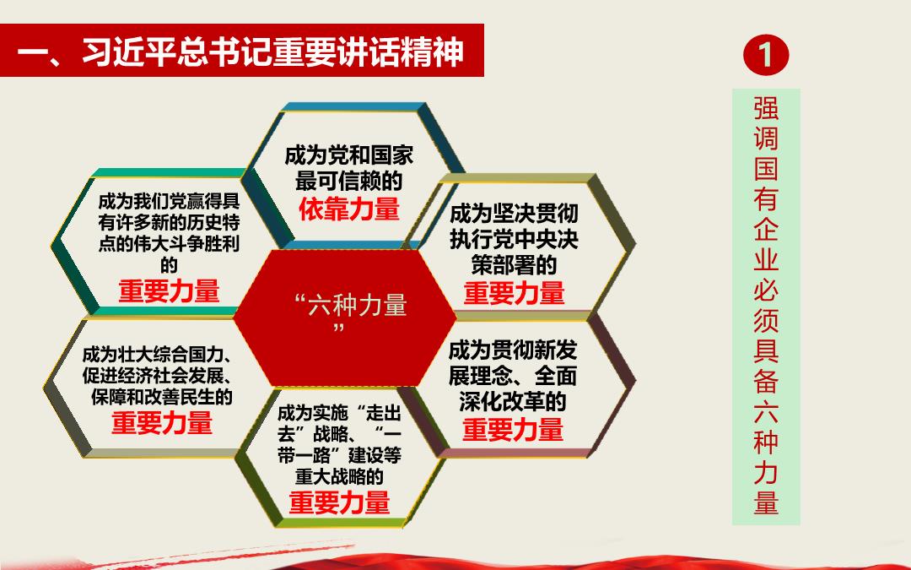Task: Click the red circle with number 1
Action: tap(766, 55)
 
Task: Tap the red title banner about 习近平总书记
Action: tap(242, 51)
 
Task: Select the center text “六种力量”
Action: tap(350, 314)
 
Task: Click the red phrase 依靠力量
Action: tap(349, 209)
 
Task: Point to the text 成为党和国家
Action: tap(348, 155)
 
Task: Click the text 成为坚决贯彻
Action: tap(514, 214)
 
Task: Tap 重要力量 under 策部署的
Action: tap(514, 292)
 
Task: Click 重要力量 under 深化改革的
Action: tap(513, 430)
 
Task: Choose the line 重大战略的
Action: tap(339, 476)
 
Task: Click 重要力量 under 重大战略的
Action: tap(339, 502)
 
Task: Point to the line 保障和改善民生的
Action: tap(161, 397)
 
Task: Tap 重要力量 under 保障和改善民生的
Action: tap(161, 423)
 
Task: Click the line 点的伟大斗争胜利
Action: tap(169, 244)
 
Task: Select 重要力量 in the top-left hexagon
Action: tap(169, 290)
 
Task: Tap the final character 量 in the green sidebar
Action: tap(766, 502)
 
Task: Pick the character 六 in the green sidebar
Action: tap(766, 411)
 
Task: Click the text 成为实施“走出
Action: tap(339, 413)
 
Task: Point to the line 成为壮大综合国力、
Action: tap(158, 354)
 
